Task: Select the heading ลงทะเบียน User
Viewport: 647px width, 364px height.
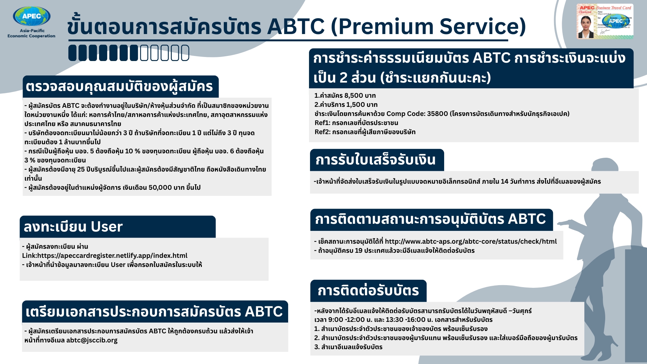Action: point(73,226)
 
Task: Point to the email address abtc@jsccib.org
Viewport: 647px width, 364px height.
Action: point(92,340)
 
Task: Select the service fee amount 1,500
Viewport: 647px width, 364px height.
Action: point(355,104)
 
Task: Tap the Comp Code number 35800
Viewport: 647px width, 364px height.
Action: point(437,114)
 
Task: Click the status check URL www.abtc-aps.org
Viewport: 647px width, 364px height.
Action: point(470,241)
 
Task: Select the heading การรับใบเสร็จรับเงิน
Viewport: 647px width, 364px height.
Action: point(375,160)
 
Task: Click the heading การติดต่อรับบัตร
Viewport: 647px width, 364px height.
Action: point(368,291)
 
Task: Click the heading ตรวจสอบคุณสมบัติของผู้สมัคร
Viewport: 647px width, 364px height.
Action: point(119,87)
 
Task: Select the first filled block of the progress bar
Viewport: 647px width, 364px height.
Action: point(72,53)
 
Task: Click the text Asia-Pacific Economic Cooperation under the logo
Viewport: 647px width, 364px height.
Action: point(31,33)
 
